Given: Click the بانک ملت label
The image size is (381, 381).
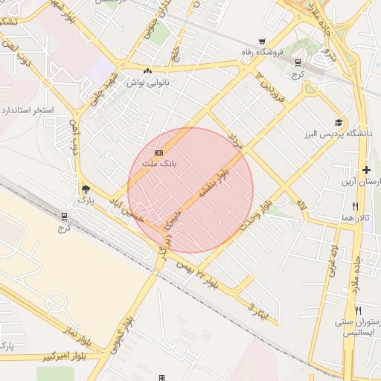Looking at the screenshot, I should tap(159, 163).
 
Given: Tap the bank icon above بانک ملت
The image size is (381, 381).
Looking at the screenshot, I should tap(159, 153).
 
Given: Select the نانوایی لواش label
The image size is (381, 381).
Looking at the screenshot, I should tap(147, 83).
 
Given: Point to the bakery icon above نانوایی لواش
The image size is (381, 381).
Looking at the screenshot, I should tap(147, 71).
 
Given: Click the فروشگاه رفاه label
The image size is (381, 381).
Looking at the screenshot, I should tap(260, 53).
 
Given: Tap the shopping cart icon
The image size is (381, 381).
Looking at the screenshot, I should tap(261, 42).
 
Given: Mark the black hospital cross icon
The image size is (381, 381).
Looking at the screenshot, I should tap(365, 170).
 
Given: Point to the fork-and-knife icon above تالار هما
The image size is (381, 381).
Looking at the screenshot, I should tap(355, 206).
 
